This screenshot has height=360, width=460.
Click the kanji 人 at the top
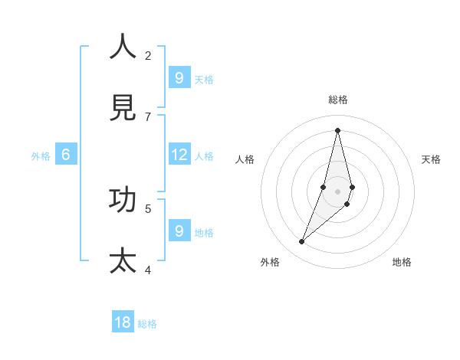[123, 47]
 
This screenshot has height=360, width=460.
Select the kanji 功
[123, 200]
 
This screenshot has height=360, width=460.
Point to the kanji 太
[123, 260]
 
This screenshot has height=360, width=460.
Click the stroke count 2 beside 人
[148, 55]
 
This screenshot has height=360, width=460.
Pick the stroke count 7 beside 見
[148, 116]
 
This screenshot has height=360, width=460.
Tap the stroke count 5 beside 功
[148, 208]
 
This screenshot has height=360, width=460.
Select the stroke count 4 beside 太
[148, 270]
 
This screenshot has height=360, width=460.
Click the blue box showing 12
[179, 155]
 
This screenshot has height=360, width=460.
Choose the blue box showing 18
[123, 322]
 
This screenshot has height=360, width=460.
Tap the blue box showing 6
[66, 155]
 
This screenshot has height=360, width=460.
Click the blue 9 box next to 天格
[179, 77]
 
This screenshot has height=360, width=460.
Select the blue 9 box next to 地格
[179, 231]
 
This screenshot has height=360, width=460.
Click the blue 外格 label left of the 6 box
[41, 156]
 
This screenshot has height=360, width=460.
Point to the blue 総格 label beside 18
[147, 324]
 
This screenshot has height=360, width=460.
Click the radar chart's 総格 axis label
[338, 100]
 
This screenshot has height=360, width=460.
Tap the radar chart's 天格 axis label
[431, 159]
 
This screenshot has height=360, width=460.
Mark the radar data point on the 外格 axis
[302, 242]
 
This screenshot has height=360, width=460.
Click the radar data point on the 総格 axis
[337, 129]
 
